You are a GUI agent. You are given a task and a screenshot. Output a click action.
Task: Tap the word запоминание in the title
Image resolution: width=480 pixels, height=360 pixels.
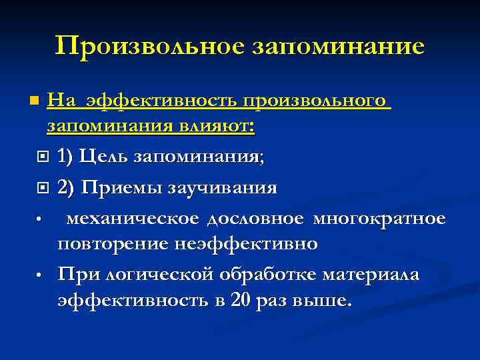(339, 46)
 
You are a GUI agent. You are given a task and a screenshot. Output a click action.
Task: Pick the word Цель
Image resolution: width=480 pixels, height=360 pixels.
(103, 157)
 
